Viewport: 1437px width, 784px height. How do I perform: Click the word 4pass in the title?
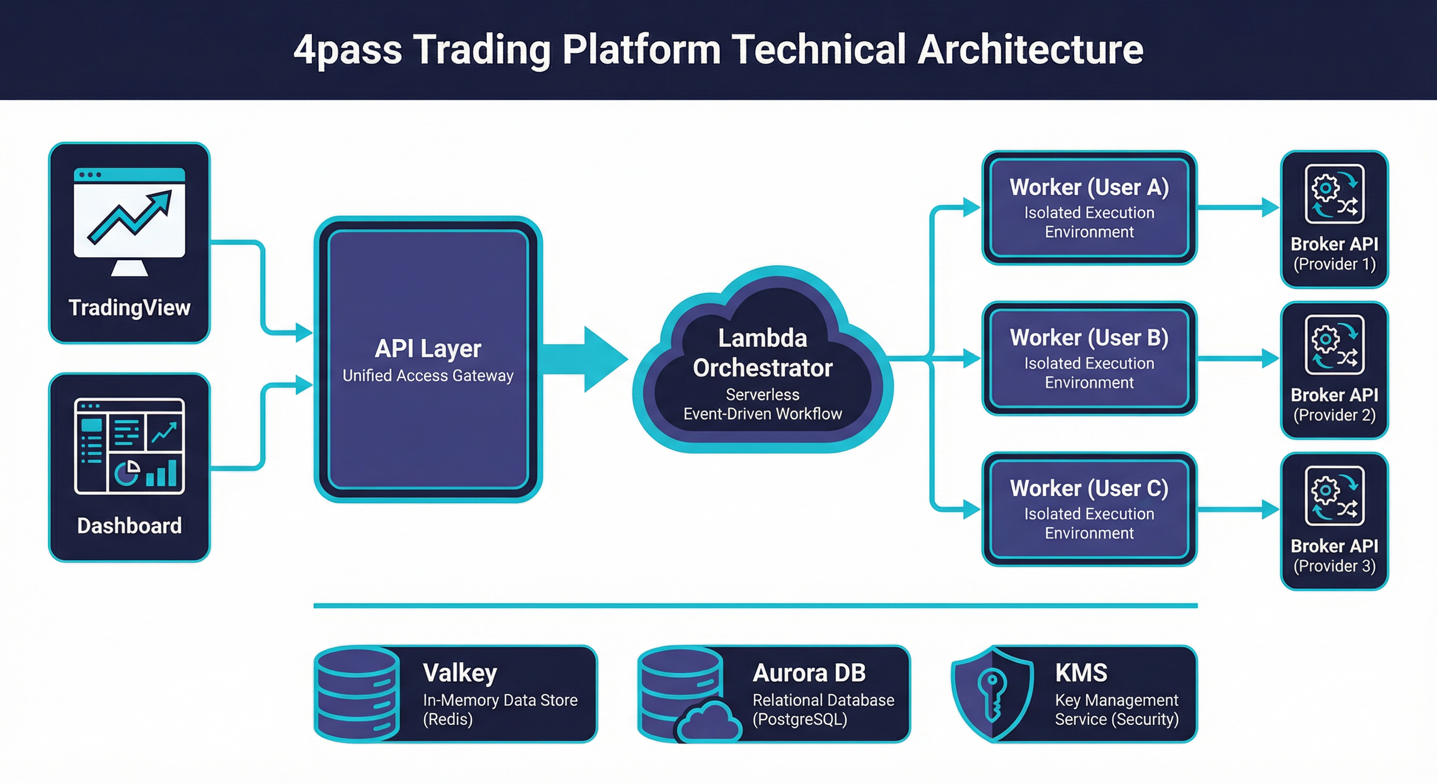point(348,50)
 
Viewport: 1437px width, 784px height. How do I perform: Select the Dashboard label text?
point(130,526)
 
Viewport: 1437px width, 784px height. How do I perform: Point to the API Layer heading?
point(428,349)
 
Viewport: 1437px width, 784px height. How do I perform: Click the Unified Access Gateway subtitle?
point(428,376)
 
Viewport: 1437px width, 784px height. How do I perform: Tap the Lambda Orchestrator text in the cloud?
point(762,353)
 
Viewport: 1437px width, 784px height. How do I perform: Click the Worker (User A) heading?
point(1089,187)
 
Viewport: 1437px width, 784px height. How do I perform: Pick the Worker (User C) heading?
point(1089,489)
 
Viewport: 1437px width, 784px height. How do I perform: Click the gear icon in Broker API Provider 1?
point(1326,187)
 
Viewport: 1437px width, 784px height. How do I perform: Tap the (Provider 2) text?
point(1334,415)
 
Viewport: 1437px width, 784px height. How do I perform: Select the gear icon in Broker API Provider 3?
point(1326,490)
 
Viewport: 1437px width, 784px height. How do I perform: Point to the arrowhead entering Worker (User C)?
point(971,509)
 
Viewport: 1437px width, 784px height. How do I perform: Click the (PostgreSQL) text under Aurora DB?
point(800,719)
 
